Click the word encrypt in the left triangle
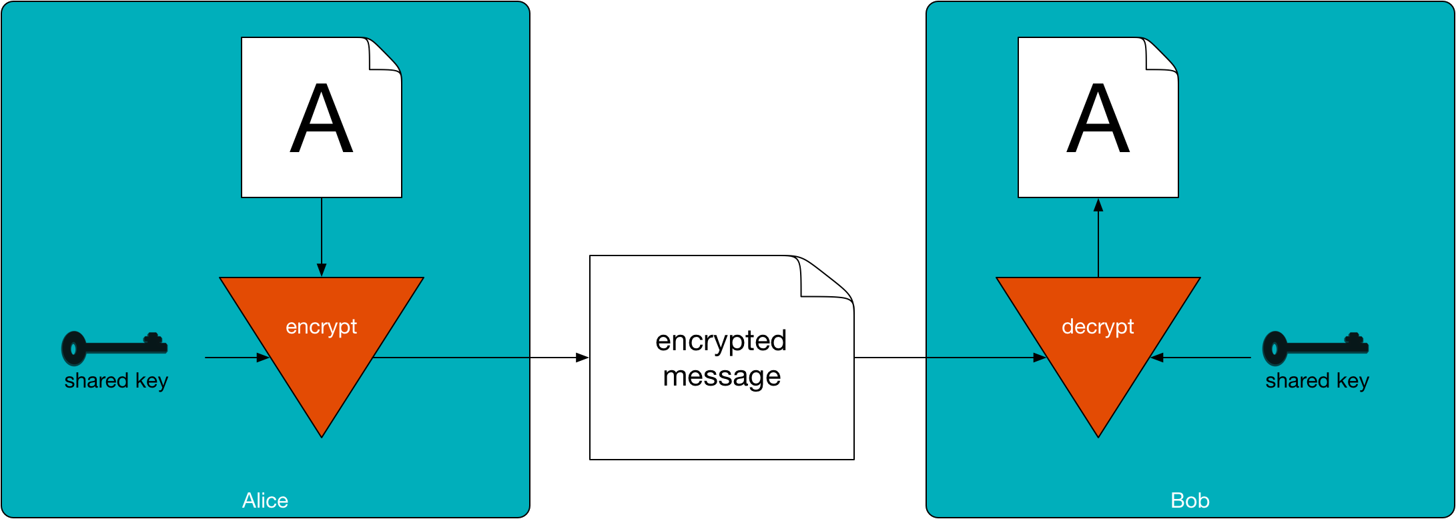[x=321, y=327]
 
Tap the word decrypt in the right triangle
[x=1098, y=327]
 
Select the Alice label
[x=265, y=500]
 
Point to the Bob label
[x=1190, y=500]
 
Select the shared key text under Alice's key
[x=116, y=381]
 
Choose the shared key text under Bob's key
[x=1317, y=381]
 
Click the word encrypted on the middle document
[x=721, y=341]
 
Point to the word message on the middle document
[x=721, y=376]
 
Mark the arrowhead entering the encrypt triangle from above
[x=322, y=270]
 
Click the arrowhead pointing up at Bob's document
[x=1098, y=205]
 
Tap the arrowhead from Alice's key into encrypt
[x=263, y=358]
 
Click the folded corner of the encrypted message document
[x=824, y=280]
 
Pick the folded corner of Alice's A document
[x=384, y=55]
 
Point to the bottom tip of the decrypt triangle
[x=1098, y=434]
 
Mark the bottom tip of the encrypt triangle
[x=322, y=434]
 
